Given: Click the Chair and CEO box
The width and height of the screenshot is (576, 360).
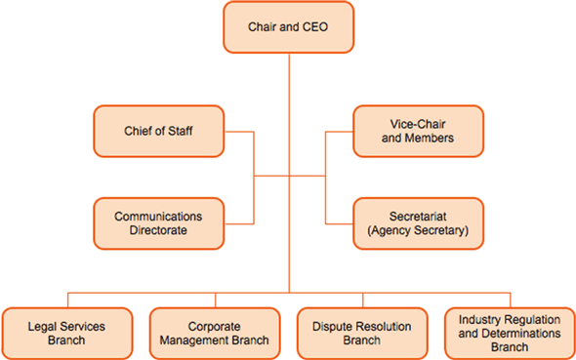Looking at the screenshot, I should pos(288,27).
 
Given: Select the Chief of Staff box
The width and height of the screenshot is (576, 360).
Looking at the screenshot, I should pos(158,131).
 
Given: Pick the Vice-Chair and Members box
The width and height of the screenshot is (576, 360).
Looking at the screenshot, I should pos(417,131).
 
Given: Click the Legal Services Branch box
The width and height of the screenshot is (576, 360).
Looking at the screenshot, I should pos(67,333).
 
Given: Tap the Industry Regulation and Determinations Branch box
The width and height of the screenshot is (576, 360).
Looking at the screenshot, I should pos(509,333).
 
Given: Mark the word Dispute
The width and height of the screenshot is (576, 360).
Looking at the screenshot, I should pos(329,326).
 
